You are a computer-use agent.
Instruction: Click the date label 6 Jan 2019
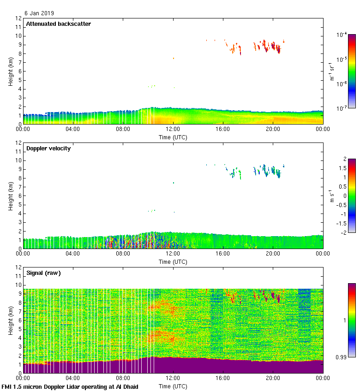(x=39, y=13)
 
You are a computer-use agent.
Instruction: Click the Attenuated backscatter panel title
(x=58, y=24)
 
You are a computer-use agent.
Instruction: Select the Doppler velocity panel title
(x=48, y=148)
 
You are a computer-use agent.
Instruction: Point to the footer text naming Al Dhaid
(x=70, y=386)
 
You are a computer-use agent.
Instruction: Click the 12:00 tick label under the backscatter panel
(x=173, y=130)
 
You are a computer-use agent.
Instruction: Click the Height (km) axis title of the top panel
(x=10, y=71)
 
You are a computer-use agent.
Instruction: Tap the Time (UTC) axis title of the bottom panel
(x=173, y=386)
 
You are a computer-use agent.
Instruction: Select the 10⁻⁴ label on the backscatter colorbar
(x=342, y=35)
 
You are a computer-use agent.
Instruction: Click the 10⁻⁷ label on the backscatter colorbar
(x=342, y=108)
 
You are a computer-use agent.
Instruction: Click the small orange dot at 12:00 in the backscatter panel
(x=174, y=58)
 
